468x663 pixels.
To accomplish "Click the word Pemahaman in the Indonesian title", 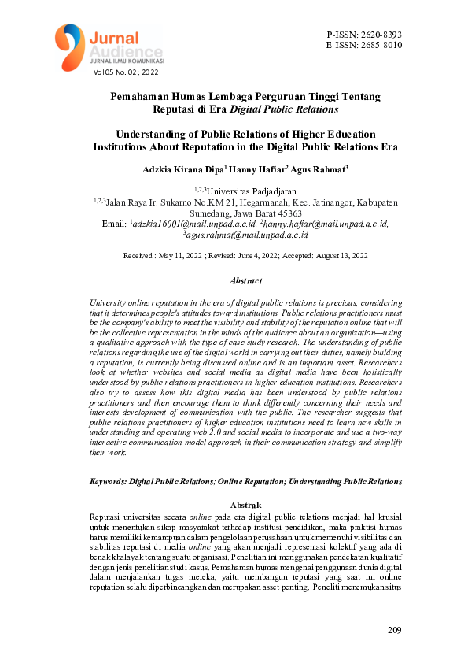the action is coord(141,96).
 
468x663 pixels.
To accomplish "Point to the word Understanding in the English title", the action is coord(154,134).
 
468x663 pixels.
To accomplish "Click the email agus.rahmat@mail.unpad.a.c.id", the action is coord(247,235).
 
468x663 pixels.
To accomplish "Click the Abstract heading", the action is coord(245,280).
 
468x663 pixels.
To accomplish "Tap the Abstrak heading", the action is coord(245,504).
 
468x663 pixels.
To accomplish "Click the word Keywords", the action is coord(108,480).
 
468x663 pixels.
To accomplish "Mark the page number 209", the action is coord(395,630).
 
